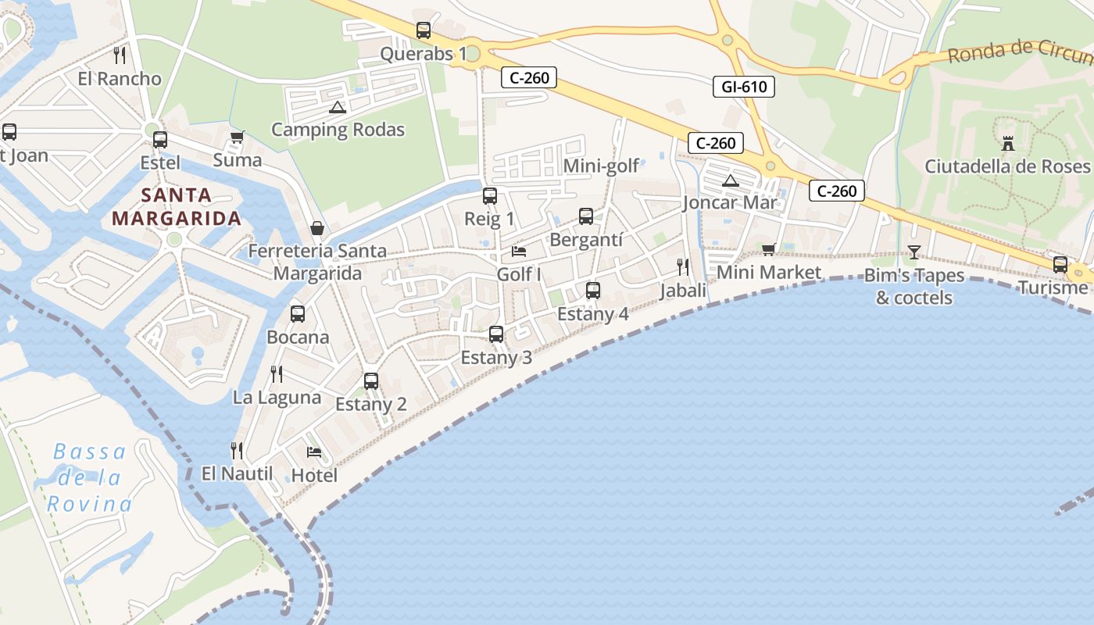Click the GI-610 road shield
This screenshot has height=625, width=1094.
click(x=743, y=87)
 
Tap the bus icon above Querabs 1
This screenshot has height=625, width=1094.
click(x=424, y=30)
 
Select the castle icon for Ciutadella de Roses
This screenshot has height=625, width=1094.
click(x=1007, y=143)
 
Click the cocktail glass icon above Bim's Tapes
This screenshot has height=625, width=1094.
click(x=913, y=252)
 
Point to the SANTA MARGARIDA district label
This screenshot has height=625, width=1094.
click(x=177, y=206)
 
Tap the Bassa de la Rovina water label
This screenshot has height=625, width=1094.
click(x=90, y=477)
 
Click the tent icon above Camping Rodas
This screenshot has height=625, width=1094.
click(x=338, y=107)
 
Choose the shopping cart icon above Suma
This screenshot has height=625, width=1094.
click(x=238, y=137)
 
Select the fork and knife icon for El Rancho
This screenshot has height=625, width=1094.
click(x=120, y=55)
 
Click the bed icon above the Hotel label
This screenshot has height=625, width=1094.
click(x=314, y=452)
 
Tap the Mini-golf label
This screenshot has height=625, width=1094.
click(x=602, y=166)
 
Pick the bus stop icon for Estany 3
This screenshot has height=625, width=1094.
click(x=496, y=334)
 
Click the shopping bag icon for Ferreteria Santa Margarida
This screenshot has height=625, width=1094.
click(x=317, y=227)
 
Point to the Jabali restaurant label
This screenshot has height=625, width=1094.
click(x=683, y=291)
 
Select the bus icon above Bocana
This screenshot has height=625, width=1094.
click(x=298, y=314)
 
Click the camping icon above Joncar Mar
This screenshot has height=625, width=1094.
click(x=730, y=181)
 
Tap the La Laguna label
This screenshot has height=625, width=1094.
click(x=277, y=397)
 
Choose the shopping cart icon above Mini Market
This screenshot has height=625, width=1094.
click(x=769, y=249)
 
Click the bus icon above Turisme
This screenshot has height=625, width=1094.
click(x=1060, y=265)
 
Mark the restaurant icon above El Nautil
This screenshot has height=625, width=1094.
click(x=237, y=451)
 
